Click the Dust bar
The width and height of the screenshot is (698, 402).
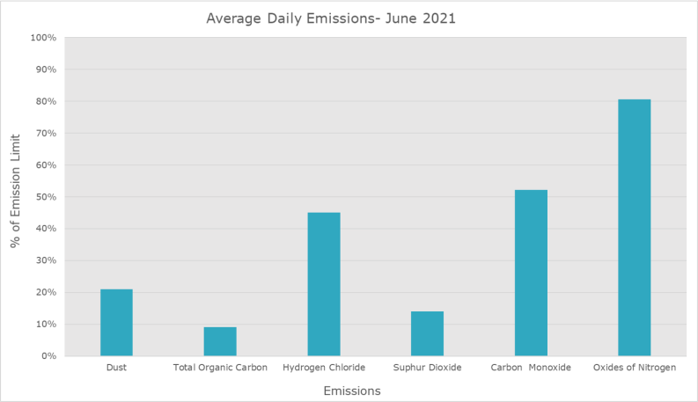click(x=116, y=323)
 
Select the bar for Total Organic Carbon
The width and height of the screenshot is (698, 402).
click(x=220, y=341)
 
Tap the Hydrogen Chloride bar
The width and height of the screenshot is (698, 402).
click(x=324, y=284)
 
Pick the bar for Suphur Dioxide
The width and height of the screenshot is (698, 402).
click(x=427, y=333)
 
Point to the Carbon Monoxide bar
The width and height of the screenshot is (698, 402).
click(x=531, y=273)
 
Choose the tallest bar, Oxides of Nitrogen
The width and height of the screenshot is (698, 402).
click(x=635, y=227)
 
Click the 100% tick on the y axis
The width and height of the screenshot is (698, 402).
click(x=43, y=38)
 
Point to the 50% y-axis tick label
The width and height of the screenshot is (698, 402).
click(x=46, y=196)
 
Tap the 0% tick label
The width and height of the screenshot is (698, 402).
click(x=48, y=355)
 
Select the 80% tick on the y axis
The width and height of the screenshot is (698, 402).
click(x=46, y=101)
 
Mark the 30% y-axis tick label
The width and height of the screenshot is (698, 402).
click(x=46, y=260)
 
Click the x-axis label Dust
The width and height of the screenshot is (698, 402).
click(x=116, y=368)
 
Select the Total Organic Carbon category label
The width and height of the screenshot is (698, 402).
click(x=220, y=368)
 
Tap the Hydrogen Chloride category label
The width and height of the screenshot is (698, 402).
click(x=324, y=368)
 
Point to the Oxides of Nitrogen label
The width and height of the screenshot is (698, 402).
click(x=635, y=368)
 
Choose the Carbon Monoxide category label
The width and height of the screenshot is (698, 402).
click(x=531, y=368)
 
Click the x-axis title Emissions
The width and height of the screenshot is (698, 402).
click(x=352, y=391)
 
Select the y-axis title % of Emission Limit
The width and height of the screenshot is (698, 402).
click(x=16, y=191)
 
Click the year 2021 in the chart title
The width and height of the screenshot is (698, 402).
click(x=439, y=18)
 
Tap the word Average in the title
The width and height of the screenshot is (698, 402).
click(x=234, y=18)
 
